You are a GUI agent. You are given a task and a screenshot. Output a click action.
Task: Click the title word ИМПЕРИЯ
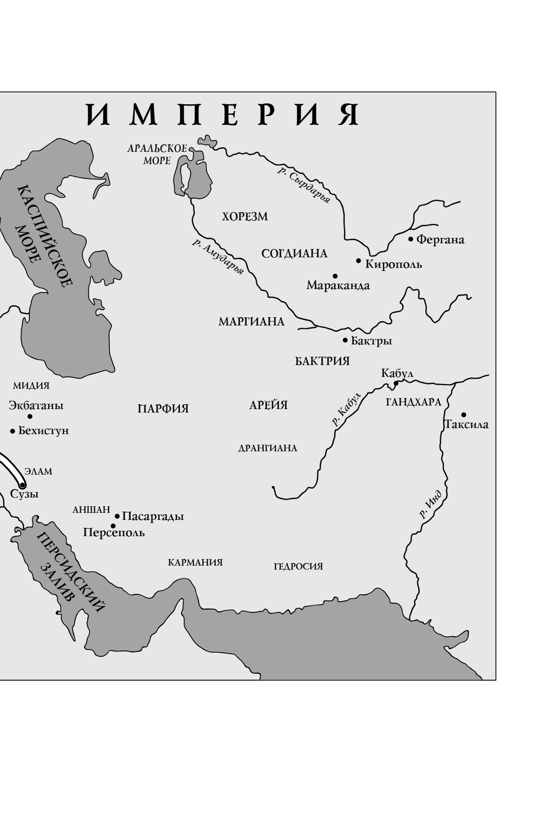point(223,114)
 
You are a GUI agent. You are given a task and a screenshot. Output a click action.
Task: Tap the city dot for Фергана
point(411,239)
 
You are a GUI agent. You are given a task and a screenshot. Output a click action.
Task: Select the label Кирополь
point(393,264)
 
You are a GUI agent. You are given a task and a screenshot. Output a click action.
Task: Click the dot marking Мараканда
point(335,276)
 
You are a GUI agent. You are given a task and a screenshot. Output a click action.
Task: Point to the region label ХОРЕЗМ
point(245,217)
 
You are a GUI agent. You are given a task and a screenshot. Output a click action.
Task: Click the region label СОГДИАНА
point(294,253)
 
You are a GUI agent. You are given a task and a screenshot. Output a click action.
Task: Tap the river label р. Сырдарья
point(303,185)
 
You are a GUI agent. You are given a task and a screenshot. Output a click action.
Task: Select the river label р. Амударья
point(218,257)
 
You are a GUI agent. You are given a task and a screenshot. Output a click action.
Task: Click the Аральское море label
point(157,154)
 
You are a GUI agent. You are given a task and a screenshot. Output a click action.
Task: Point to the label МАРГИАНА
point(251,322)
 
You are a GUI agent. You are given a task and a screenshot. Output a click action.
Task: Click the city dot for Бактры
point(345,340)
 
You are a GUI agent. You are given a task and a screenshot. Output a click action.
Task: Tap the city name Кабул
point(397,373)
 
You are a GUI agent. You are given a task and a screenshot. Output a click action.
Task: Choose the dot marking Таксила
point(463,414)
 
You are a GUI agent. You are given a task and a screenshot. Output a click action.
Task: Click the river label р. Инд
point(431,505)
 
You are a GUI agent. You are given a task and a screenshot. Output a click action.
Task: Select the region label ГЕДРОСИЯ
point(298,566)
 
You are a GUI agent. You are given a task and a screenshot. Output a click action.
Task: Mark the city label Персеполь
point(114,533)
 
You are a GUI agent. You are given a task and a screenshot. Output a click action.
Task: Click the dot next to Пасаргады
point(117,516)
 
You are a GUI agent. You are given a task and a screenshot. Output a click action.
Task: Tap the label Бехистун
point(43,431)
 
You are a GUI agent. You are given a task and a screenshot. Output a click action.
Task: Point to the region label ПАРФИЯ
point(163,409)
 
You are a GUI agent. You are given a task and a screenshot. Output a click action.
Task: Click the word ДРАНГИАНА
point(267,448)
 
